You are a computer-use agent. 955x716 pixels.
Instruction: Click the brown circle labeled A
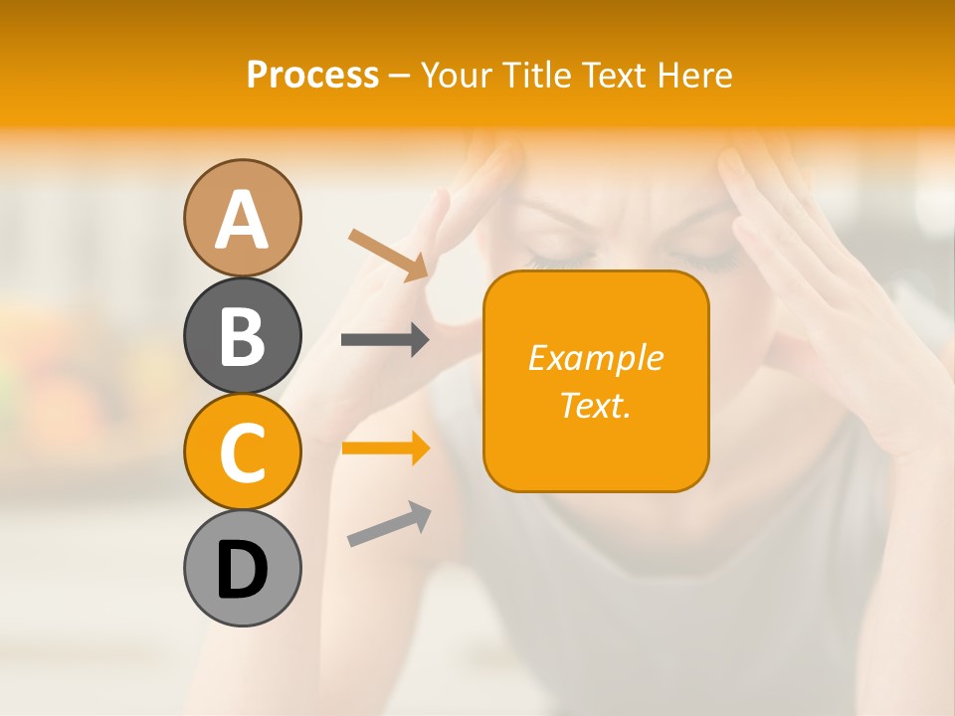[x=242, y=219]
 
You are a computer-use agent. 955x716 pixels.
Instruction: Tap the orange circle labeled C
[x=242, y=451]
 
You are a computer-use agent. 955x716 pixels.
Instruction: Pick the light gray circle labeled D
[x=242, y=568]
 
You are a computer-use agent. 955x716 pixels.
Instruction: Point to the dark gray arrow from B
[x=385, y=340]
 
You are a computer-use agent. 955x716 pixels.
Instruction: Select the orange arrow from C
[x=385, y=448]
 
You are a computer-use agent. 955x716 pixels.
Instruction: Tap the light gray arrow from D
[x=389, y=524]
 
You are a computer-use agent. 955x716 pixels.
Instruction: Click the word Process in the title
[x=312, y=76]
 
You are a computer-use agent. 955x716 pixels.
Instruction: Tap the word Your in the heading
[x=457, y=76]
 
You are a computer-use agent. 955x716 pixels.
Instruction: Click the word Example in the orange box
[x=595, y=358]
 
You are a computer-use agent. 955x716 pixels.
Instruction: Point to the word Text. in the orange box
[x=595, y=405]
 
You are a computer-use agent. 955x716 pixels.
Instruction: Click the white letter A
[x=242, y=220]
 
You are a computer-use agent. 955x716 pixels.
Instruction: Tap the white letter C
[x=242, y=452]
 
